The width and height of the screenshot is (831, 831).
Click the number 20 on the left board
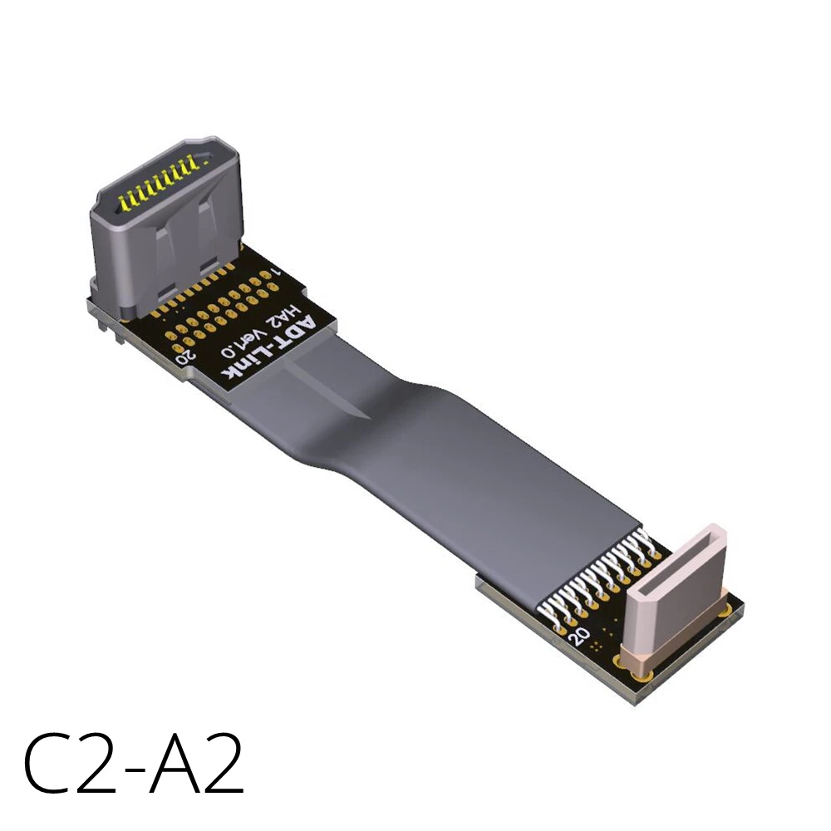click(188, 353)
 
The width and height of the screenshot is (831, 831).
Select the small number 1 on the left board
click(279, 272)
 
